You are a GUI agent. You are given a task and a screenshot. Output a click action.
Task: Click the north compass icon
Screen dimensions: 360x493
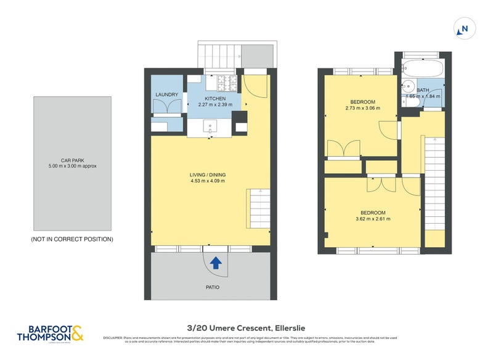(x=463, y=28)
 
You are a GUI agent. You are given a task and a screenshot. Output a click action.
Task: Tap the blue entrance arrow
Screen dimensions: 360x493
(x=216, y=264)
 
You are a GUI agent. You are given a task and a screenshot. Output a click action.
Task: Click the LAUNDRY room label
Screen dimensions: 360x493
(x=167, y=95)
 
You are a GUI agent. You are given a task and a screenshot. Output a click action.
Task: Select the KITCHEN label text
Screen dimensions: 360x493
(x=215, y=99)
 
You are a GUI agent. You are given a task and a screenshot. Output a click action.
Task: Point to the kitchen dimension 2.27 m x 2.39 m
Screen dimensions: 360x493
(x=215, y=105)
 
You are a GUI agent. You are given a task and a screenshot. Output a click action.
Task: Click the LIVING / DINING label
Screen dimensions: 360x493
(x=208, y=175)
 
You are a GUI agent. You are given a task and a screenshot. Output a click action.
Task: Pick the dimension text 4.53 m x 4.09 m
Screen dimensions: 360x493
(x=208, y=182)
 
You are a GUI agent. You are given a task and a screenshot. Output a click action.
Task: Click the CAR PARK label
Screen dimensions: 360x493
(x=72, y=160)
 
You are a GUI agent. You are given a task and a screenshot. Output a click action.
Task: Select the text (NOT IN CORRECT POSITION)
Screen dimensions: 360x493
(x=72, y=239)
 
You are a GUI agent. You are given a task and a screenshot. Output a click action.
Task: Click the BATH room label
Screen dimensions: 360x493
(x=423, y=90)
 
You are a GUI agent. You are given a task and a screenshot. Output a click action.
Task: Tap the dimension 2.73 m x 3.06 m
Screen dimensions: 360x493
(x=362, y=108)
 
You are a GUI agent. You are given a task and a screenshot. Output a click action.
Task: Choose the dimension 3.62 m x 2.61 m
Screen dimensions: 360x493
(x=372, y=219)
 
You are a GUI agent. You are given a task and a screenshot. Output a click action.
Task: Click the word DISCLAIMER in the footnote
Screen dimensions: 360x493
(x=113, y=338)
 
